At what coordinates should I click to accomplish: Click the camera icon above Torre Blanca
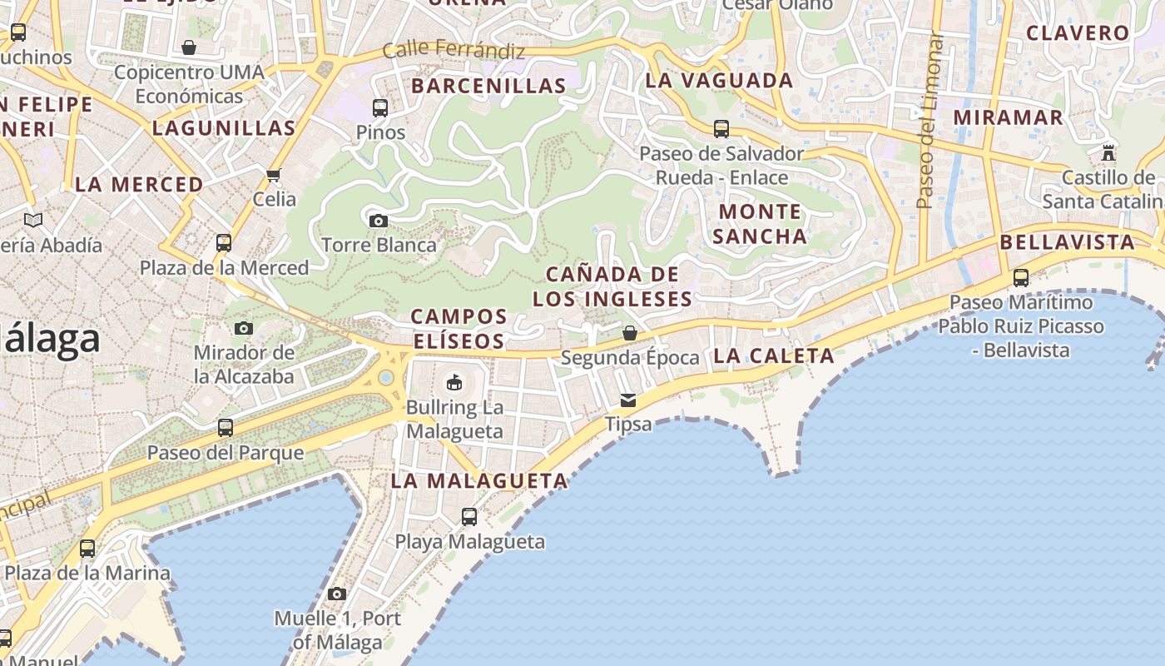(x=379, y=221)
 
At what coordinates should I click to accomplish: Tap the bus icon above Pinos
(x=380, y=107)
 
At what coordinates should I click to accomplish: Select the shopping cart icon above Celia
(x=274, y=175)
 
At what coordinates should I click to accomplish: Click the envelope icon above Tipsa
(x=628, y=400)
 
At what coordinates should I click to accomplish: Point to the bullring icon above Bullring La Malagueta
(x=454, y=382)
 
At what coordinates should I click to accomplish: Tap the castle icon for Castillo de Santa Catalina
(x=1108, y=153)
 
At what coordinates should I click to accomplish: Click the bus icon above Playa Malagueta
(x=469, y=517)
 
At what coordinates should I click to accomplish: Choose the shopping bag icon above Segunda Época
(x=630, y=333)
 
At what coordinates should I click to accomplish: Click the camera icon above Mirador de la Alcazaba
(x=244, y=328)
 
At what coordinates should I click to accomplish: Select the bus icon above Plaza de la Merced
(x=224, y=243)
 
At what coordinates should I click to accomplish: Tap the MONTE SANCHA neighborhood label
(x=759, y=224)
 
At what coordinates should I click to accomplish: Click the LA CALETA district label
(x=773, y=355)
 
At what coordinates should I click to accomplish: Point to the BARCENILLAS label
(x=488, y=86)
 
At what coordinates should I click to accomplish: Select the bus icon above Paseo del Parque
(x=226, y=428)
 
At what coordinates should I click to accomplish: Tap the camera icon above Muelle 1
(x=337, y=594)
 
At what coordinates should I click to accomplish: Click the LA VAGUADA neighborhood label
(x=719, y=81)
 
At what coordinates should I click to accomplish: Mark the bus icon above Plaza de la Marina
(x=87, y=549)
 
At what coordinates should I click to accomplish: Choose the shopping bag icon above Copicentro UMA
(x=189, y=47)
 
